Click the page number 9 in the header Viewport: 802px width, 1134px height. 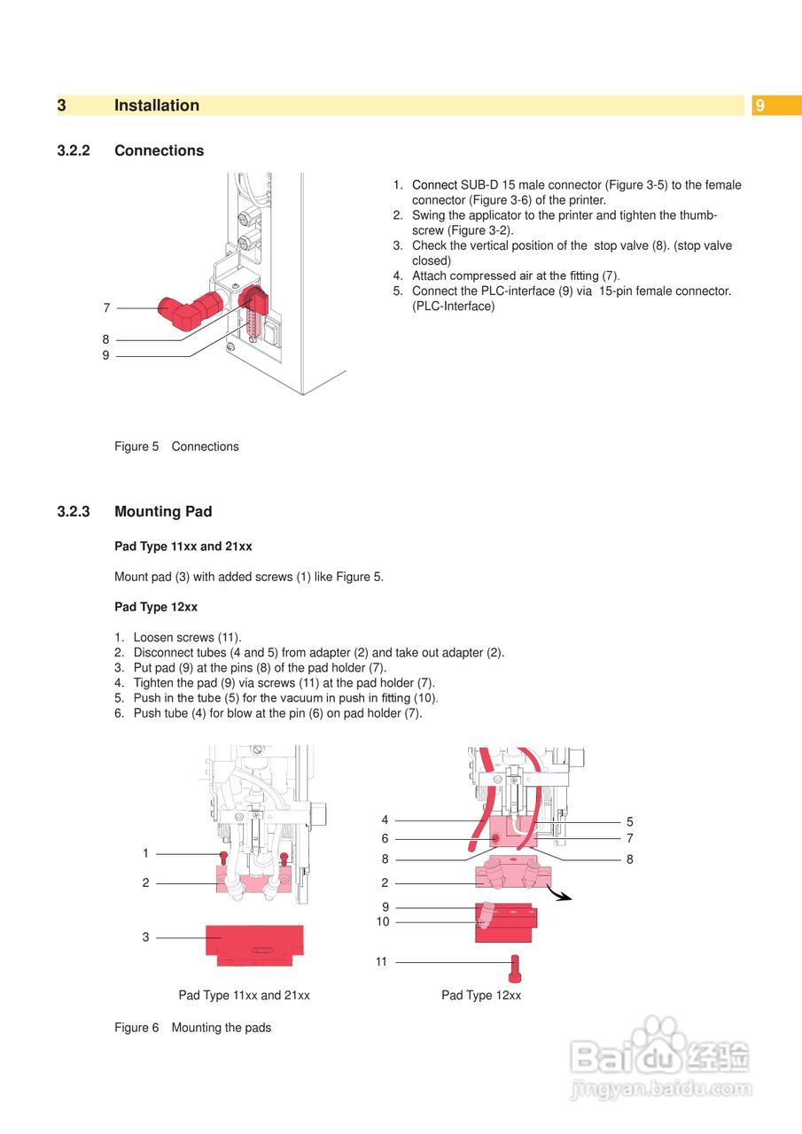tap(759, 105)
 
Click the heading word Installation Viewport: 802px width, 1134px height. tap(157, 105)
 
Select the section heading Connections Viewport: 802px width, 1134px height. tap(159, 151)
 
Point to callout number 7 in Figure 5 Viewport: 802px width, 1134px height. tap(106, 308)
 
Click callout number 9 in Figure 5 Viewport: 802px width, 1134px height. tap(106, 355)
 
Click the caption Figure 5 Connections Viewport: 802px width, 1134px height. tap(176, 447)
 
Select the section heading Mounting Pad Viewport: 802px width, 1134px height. tap(163, 512)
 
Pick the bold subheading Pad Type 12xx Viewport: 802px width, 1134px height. tap(156, 607)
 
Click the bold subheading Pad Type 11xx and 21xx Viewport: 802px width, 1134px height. tap(183, 547)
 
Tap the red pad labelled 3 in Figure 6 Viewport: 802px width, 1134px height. tap(254, 940)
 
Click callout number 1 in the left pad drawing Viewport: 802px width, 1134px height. tap(146, 853)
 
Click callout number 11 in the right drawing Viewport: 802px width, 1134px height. tap(381, 961)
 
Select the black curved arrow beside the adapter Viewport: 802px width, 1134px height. tap(560, 891)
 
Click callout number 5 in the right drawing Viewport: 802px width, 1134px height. tap(630, 822)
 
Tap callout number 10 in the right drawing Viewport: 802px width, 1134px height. tap(383, 921)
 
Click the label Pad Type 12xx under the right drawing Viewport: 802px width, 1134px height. tap(481, 995)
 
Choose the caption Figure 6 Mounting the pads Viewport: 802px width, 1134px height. tap(193, 1028)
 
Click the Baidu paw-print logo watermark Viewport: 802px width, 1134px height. tap(658, 1037)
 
